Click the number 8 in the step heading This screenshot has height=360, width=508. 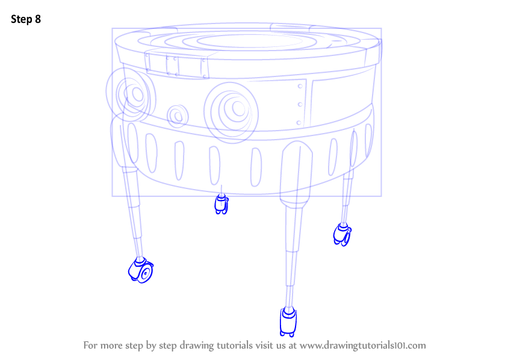[x=38, y=19]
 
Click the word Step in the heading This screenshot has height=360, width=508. [x=22, y=19]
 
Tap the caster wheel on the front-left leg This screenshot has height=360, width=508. [x=141, y=270]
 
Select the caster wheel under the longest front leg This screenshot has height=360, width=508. [x=288, y=322]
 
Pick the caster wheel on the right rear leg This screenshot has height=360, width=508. [x=342, y=234]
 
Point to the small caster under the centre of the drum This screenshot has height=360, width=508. [x=221, y=204]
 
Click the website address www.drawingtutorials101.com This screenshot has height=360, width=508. [x=362, y=346]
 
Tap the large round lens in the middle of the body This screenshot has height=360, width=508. [x=231, y=112]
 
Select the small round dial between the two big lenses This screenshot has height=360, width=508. [x=178, y=116]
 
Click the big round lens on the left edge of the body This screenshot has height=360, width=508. [x=131, y=94]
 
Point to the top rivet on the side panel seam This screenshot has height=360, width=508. [x=300, y=86]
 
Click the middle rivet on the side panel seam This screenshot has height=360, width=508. [x=300, y=104]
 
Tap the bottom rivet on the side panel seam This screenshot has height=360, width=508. [x=299, y=123]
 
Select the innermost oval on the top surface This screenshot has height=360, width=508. [x=249, y=41]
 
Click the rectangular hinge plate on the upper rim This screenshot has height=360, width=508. [x=177, y=64]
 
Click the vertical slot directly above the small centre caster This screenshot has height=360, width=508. [x=214, y=166]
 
